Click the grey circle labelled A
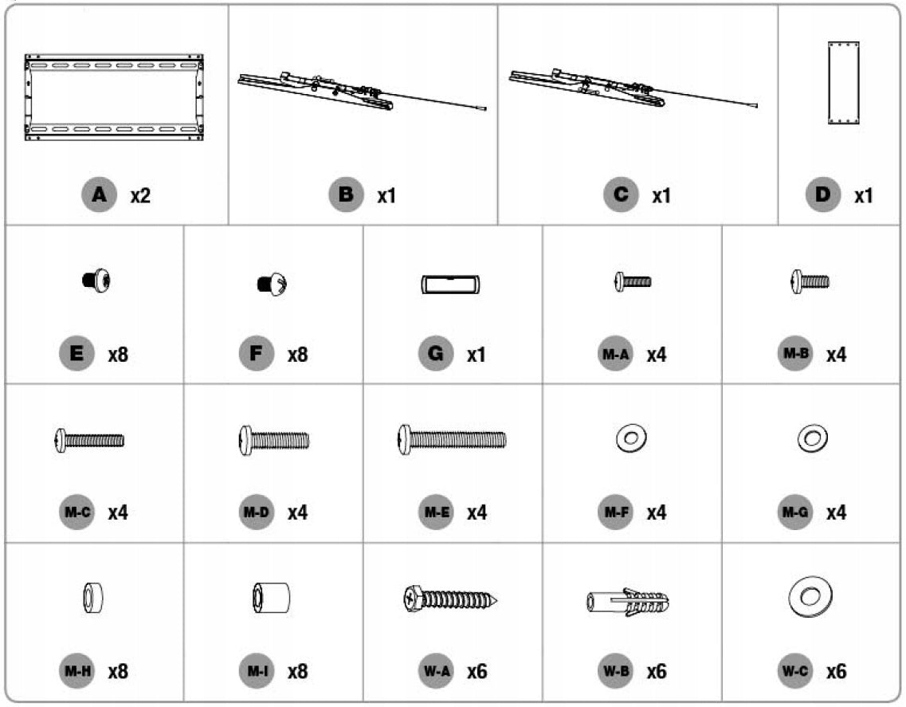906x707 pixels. [x=99, y=194]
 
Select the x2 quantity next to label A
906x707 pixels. [x=140, y=196]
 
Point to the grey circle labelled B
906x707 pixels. [x=346, y=194]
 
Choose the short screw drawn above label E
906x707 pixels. [x=96, y=281]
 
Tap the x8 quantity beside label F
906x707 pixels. [x=297, y=355]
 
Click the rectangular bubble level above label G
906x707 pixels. [x=451, y=285]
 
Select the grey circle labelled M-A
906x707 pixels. [x=615, y=354]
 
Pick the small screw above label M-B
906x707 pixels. [x=810, y=281]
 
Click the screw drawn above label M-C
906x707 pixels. [x=89, y=441]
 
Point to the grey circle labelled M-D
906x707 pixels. [x=257, y=513]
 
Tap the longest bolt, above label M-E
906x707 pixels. [x=452, y=440]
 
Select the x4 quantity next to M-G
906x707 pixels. [x=836, y=513]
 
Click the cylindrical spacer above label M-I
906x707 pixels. [x=272, y=598]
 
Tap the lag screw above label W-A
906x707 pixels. [x=450, y=599]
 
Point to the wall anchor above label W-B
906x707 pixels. [x=628, y=602]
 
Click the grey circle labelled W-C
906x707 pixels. [x=795, y=671]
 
